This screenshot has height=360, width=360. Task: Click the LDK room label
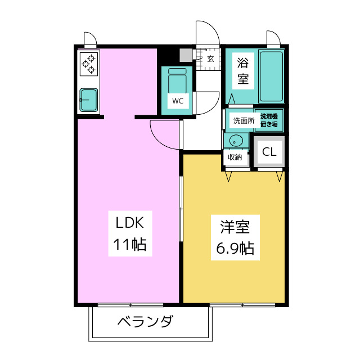[130, 223]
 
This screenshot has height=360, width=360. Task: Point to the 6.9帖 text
[235, 247]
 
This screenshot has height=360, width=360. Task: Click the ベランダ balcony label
[145, 323]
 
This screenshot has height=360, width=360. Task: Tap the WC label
[177, 101]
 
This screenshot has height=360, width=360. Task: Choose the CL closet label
[269, 151]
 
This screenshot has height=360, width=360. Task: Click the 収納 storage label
[235, 157]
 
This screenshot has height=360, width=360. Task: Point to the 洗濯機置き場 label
[268, 120]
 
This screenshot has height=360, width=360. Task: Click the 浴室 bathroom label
[242, 70]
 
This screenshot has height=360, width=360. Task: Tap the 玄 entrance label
[210, 58]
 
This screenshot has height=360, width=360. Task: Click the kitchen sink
[89, 100]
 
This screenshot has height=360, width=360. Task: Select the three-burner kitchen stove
[89, 64]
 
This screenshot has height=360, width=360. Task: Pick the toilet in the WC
[177, 79]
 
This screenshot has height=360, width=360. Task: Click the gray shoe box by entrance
[186, 55]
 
